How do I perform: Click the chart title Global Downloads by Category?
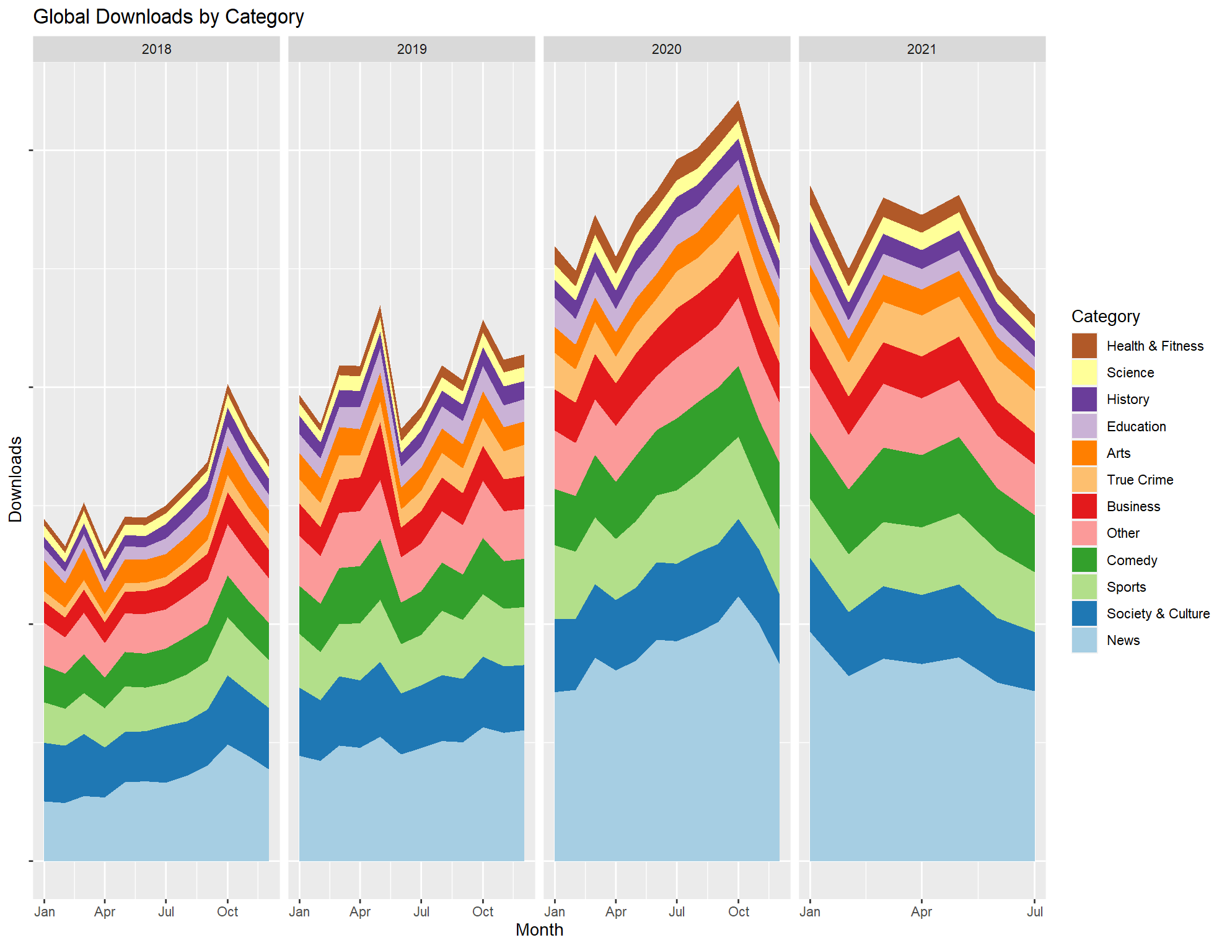point(169,17)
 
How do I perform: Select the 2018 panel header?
point(156,50)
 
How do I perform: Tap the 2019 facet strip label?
point(411,50)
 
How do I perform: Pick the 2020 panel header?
point(666,50)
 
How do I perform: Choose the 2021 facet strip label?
point(921,50)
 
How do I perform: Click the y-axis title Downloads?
point(15,479)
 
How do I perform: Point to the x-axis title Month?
point(539,929)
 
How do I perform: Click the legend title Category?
point(1106,317)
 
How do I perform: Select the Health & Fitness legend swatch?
point(1084,346)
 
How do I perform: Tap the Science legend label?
point(1130,372)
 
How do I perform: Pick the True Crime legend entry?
point(1140,480)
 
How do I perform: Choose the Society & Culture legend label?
point(1158,613)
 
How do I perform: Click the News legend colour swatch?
point(1084,640)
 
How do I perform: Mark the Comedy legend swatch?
point(1084,560)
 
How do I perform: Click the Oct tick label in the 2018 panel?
point(227,911)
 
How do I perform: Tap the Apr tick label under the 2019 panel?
point(360,911)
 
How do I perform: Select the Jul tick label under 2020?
point(677,911)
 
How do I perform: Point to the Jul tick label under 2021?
point(1034,911)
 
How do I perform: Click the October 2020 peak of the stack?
point(738,102)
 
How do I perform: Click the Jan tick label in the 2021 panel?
point(810,911)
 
